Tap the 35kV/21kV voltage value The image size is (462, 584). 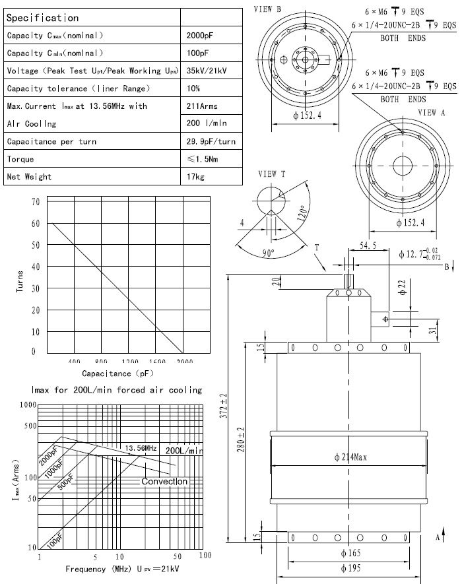[207, 71]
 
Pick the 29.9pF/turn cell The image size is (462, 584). [211, 142]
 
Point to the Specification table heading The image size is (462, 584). [42, 18]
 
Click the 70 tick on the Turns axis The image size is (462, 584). [35, 201]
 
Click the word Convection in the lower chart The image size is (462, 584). [164, 481]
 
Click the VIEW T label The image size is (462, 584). [271, 174]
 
